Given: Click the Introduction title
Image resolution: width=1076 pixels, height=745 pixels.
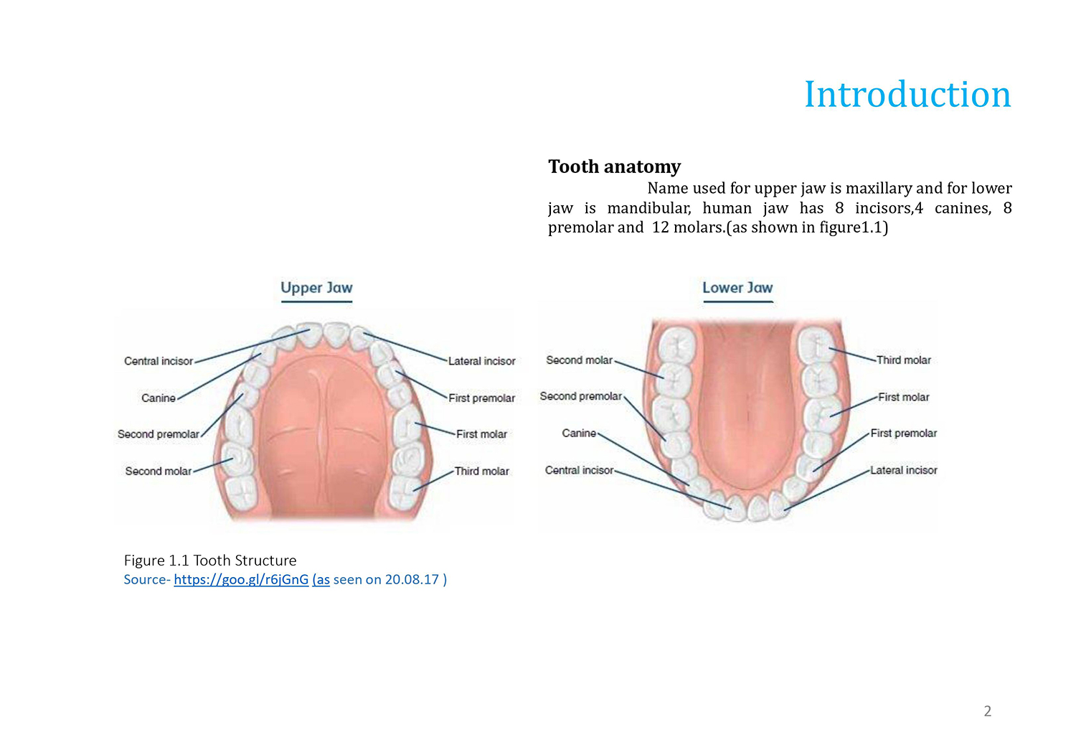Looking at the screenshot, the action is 907,94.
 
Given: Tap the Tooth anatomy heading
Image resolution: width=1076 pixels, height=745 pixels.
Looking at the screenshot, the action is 614,167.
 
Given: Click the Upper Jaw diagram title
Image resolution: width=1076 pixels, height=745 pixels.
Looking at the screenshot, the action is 316,288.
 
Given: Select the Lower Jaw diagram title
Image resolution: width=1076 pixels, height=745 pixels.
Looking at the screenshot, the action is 738,287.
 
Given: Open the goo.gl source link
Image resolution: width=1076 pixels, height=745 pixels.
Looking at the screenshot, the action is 241,580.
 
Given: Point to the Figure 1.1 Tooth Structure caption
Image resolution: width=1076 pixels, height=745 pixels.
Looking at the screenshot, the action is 210,561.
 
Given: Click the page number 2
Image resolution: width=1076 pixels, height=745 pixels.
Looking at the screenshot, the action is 988,711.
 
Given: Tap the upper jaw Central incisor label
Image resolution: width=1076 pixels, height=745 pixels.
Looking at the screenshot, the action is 159,361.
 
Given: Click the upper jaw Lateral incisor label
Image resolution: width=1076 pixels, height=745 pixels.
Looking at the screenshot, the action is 482,361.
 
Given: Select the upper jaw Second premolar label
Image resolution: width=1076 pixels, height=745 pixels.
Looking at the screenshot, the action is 158,434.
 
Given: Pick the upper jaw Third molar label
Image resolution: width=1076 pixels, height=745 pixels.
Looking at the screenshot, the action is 482,471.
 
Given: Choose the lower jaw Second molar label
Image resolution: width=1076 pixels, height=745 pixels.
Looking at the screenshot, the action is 580,360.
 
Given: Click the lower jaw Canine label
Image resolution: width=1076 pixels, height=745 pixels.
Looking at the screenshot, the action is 579,433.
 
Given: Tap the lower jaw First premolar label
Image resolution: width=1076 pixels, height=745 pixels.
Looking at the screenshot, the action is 904,433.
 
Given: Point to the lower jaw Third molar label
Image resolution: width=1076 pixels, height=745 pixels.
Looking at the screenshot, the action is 904,360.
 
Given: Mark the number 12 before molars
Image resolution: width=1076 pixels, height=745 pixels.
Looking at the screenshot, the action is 661,228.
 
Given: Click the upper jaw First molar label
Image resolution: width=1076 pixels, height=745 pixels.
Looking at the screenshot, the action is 481,434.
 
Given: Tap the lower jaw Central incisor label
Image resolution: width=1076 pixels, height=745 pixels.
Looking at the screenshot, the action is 580,470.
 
